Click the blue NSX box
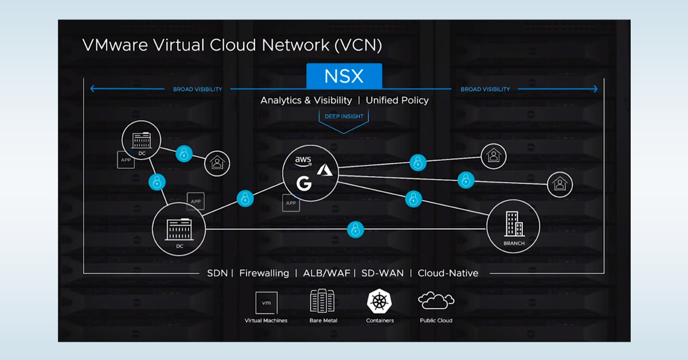coord(344,76)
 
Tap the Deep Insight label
coord(344,116)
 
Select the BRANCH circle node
coord(513,226)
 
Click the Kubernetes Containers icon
coord(379,302)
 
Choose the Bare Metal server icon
coord(322,301)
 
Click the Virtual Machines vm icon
coord(266,302)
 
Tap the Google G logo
coord(303,183)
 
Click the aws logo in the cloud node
coord(303,161)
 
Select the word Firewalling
coord(264,273)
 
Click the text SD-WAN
coord(382,273)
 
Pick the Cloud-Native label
coord(448,273)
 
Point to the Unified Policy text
coord(397,100)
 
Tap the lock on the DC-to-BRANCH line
coord(355,230)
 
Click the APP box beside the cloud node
coord(291,203)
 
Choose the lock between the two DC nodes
coord(157,182)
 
